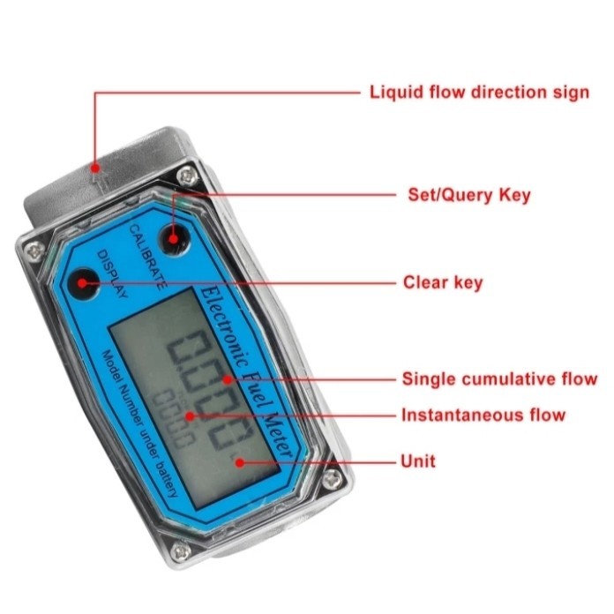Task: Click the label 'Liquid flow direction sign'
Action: [x=479, y=92]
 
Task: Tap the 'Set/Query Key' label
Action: [x=468, y=194]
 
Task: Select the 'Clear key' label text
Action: [x=443, y=282]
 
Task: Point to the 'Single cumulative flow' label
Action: [x=499, y=379]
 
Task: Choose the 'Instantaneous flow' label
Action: [x=483, y=415]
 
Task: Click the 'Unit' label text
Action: [x=418, y=460]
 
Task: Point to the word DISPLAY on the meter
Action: [x=112, y=274]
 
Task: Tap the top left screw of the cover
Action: [x=33, y=252]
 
